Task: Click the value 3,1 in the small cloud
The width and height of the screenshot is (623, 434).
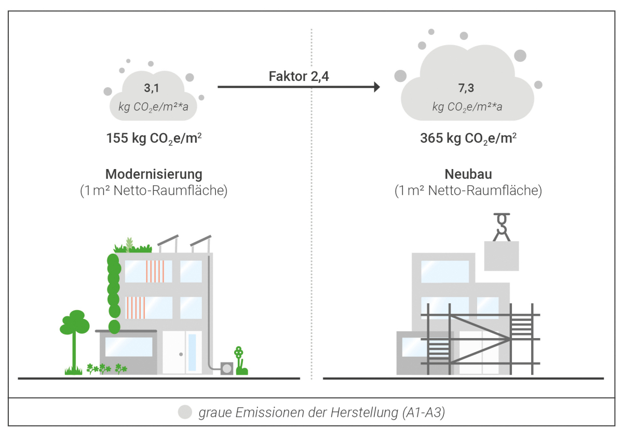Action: (152, 88)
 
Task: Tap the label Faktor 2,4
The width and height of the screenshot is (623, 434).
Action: (300, 76)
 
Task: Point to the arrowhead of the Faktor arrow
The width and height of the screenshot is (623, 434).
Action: (377, 87)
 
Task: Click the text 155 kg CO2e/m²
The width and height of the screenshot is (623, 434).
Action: (154, 138)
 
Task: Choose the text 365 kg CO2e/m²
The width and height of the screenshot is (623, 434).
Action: (468, 138)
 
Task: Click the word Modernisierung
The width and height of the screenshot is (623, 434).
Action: (154, 173)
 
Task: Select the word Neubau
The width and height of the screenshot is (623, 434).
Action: (468, 173)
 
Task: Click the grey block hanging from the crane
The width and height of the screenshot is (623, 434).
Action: (501, 256)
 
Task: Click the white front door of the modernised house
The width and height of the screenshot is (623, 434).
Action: (182, 353)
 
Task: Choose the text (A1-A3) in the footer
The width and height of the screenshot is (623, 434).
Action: (424, 413)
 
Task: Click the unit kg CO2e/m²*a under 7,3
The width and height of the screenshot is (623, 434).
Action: (467, 107)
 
